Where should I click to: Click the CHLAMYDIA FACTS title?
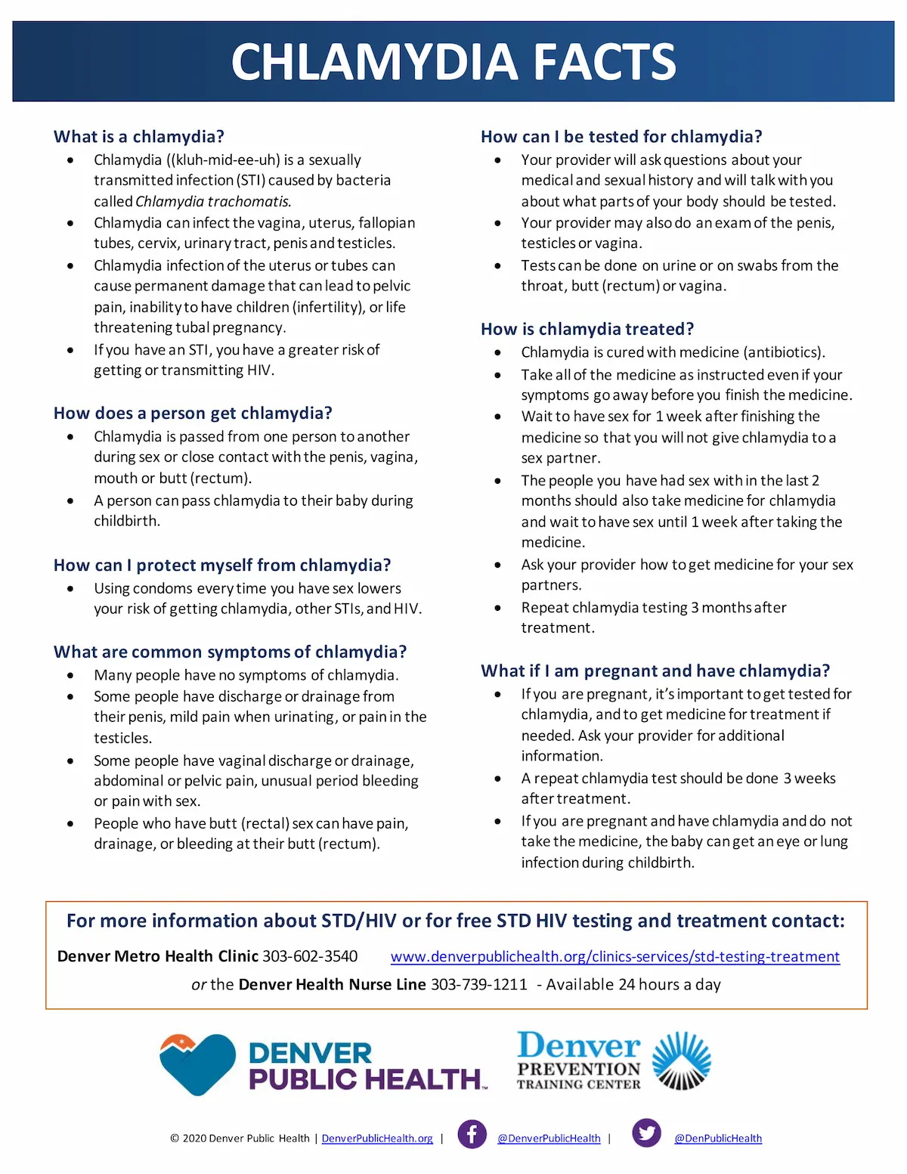point(453,62)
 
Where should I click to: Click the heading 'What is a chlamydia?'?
point(139,137)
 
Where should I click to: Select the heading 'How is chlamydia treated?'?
point(587,329)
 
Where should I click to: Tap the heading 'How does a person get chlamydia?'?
point(193,414)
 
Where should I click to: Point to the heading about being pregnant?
point(655,671)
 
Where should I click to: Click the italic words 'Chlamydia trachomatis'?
point(212,202)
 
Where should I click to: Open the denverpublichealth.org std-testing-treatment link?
point(614,957)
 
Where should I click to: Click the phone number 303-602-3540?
point(310,956)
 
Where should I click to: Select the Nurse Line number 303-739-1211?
point(478,984)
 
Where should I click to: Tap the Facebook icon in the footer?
point(472,1134)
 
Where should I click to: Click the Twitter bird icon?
point(646,1133)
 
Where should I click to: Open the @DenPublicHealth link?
point(717,1138)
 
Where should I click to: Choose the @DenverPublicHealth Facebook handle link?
point(549,1138)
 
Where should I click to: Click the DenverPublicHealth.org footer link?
point(377,1138)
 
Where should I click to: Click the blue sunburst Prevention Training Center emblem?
point(681,1061)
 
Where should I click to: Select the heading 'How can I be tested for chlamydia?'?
point(621,137)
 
